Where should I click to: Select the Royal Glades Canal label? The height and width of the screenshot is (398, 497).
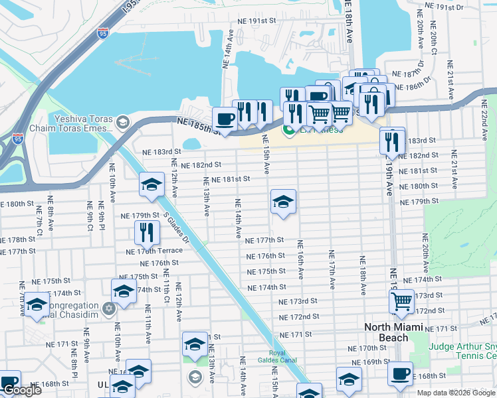coord(286,357)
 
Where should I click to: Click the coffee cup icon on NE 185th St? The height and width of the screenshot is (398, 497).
coord(225,119)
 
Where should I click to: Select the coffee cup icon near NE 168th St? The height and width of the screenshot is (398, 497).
coord(400,373)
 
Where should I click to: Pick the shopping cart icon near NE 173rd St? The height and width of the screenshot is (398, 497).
coord(402,300)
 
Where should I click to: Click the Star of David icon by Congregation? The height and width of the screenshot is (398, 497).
coord(109,308)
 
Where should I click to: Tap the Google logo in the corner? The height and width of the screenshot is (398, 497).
coord(21,390)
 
